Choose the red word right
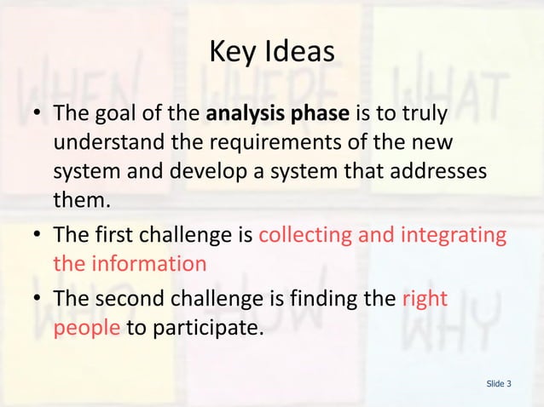(x=423, y=298)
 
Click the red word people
(x=86, y=328)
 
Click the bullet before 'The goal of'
(x=34, y=113)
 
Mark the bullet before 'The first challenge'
(x=34, y=234)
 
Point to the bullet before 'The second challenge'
(x=34, y=299)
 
